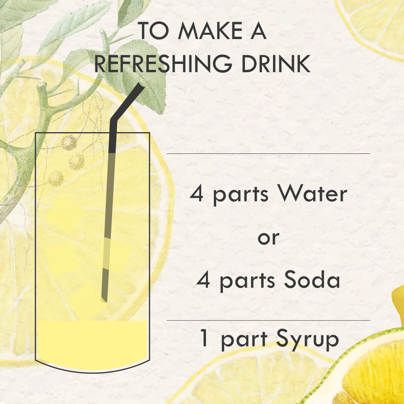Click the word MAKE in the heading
(x=210, y=31)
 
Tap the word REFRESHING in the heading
(x=163, y=64)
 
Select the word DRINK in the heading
(x=276, y=64)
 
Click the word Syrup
(x=308, y=340)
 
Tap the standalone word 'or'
(x=268, y=238)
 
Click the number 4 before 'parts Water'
(x=196, y=194)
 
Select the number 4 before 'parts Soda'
(x=203, y=280)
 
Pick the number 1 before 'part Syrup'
(x=204, y=338)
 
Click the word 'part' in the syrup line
(x=244, y=340)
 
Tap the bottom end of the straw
(x=104, y=300)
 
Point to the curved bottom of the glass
(x=92, y=372)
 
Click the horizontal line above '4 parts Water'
(x=268, y=153)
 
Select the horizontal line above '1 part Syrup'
(x=268, y=320)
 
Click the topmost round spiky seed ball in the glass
(x=69, y=143)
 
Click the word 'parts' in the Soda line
(x=247, y=281)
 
